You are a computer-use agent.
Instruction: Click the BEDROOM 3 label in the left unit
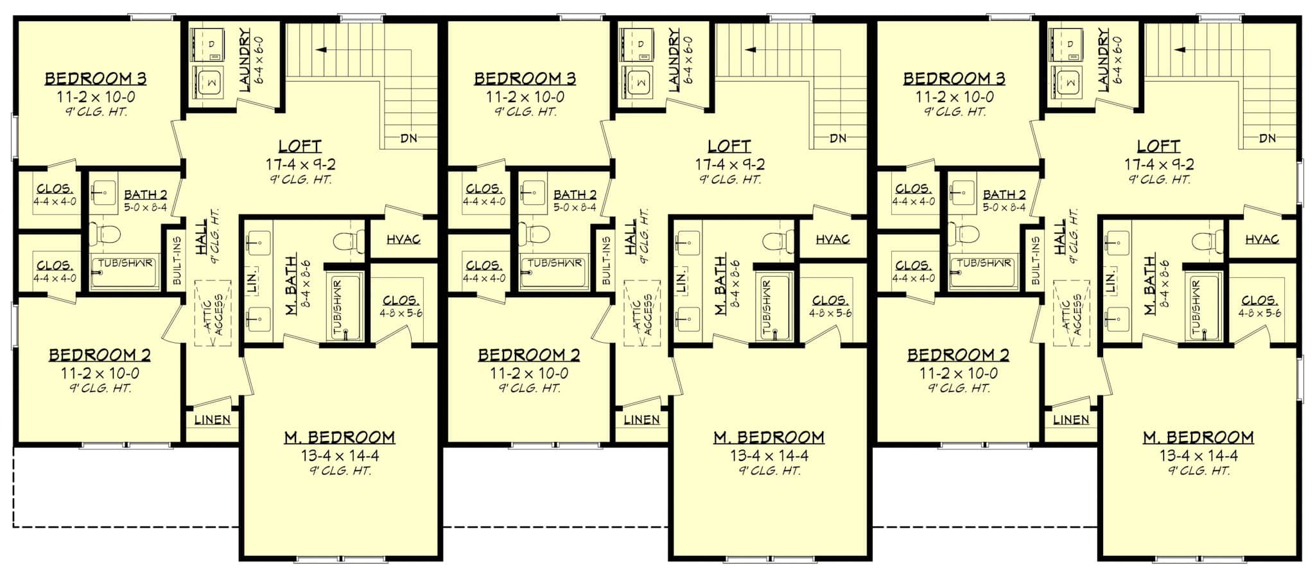pyautogui.click(x=96, y=79)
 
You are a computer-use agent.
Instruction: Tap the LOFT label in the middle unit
pyautogui.click(x=729, y=146)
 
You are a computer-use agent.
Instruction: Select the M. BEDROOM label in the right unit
pyautogui.click(x=1197, y=437)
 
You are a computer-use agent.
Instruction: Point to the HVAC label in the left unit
pyautogui.click(x=404, y=239)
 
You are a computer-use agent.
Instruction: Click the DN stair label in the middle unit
pyautogui.click(x=837, y=138)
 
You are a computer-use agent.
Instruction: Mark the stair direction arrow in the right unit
pyautogui.click(x=1180, y=49)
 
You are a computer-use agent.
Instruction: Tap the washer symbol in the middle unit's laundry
pyautogui.click(x=640, y=82)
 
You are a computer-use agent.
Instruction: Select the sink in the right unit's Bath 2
pyautogui.click(x=961, y=191)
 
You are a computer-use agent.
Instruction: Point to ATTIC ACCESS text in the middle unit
pyautogui.click(x=644, y=315)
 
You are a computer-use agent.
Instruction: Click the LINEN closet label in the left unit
pyautogui.click(x=212, y=420)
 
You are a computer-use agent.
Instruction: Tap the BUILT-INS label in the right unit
pyautogui.click(x=1034, y=261)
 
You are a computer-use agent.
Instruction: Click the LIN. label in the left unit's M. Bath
pyautogui.click(x=252, y=280)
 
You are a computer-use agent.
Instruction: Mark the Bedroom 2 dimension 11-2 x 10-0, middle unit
pyautogui.click(x=529, y=374)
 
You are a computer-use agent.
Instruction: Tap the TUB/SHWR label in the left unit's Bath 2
pyautogui.click(x=125, y=263)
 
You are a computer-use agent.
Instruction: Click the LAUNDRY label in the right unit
pyautogui.click(x=1104, y=59)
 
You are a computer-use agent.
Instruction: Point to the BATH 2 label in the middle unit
pyautogui.click(x=575, y=195)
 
